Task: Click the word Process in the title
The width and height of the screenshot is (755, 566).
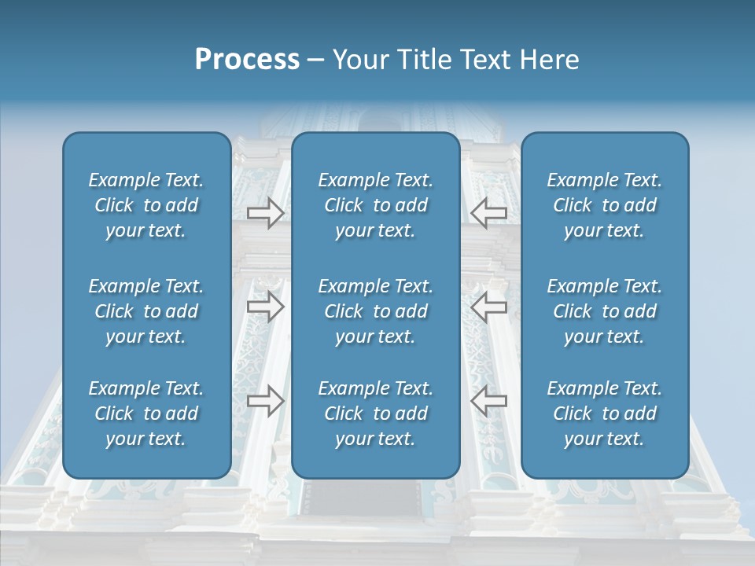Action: (x=247, y=60)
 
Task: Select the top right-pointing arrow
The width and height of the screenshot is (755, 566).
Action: (x=266, y=212)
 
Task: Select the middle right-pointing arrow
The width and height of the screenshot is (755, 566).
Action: (x=266, y=307)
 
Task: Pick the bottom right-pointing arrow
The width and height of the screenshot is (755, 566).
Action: (x=266, y=400)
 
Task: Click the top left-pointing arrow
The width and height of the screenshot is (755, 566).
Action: (x=488, y=212)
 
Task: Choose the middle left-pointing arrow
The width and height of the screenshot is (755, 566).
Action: (x=488, y=307)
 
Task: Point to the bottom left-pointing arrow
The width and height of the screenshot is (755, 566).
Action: (x=488, y=400)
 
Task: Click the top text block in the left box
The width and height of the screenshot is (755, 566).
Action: (x=146, y=205)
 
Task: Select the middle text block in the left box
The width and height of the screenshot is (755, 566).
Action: (x=146, y=311)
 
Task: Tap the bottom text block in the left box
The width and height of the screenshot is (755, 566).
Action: (x=146, y=413)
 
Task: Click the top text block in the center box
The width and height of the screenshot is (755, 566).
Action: (x=376, y=205)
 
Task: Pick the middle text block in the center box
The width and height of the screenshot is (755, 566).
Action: (x=376, y=311)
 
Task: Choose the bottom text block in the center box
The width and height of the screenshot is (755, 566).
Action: (x=376, y=413)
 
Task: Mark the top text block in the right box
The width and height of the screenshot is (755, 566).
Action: (x=605, y=205)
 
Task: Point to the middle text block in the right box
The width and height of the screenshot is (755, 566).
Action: (x=605, y=311)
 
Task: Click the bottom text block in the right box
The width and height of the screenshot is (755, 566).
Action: (x=605, y=413)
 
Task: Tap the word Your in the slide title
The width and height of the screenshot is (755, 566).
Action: (x=358, y=60)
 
